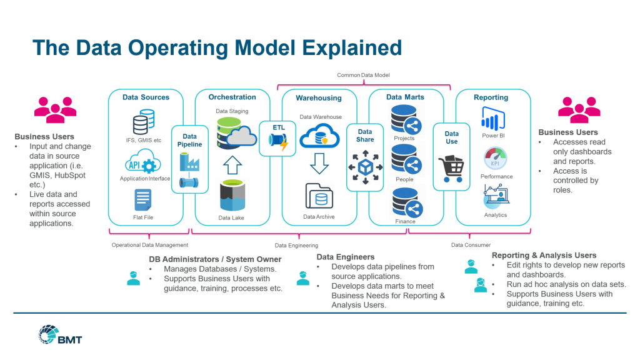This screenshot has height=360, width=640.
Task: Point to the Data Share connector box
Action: [365, 157]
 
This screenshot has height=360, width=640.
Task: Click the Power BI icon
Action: [493, 119]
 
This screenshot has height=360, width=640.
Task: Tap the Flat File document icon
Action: [142, 201]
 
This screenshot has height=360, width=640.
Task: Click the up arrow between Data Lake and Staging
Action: [232, 165]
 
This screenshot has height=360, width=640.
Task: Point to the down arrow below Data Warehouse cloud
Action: [319, 163]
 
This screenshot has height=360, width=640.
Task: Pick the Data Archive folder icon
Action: [319, 197]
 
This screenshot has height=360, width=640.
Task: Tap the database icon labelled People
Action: [404, 161]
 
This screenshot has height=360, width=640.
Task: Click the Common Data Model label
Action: [363, 76]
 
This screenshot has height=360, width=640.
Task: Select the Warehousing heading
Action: [319, 98]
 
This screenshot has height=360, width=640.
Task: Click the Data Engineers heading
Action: [346, 257]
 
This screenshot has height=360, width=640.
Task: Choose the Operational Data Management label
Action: [149, 245]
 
